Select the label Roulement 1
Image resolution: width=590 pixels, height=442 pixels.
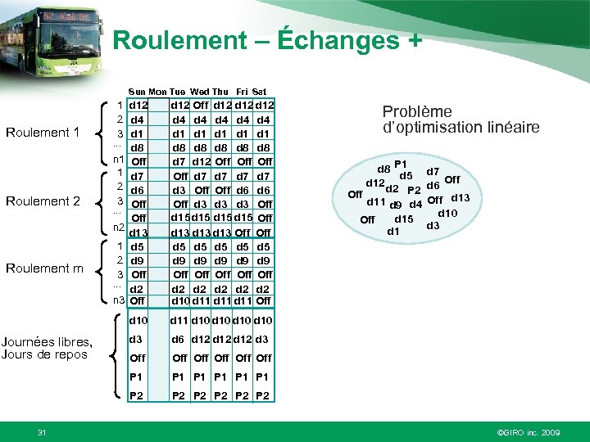pyautogui.click(x=43, y=133)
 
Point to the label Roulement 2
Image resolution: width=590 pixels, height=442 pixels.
pyautogui.click(x=43, y=201)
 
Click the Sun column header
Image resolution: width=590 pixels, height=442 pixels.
pyautogui.click(x=138, y=91)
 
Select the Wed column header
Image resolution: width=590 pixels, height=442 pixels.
pyautogui.click(x=199, y=91)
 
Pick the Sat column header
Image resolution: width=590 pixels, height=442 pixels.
pyautogui.click(x=260, y=91)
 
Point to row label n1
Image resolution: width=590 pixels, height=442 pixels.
pyautogui.click(x=118, y=159)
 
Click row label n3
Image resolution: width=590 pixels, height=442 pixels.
pyautogui.click(x=118, y=300)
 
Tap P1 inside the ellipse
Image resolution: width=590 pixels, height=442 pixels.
pyautogui.click(x=401, y=165)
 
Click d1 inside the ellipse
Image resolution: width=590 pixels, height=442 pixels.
pyautogui.click(x=393, y=231)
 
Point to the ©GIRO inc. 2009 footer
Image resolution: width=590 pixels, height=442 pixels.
pyautogui.click(x=529, y=431)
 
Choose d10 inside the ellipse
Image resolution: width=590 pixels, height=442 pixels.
pyautogui.click(x=447, y=213)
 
